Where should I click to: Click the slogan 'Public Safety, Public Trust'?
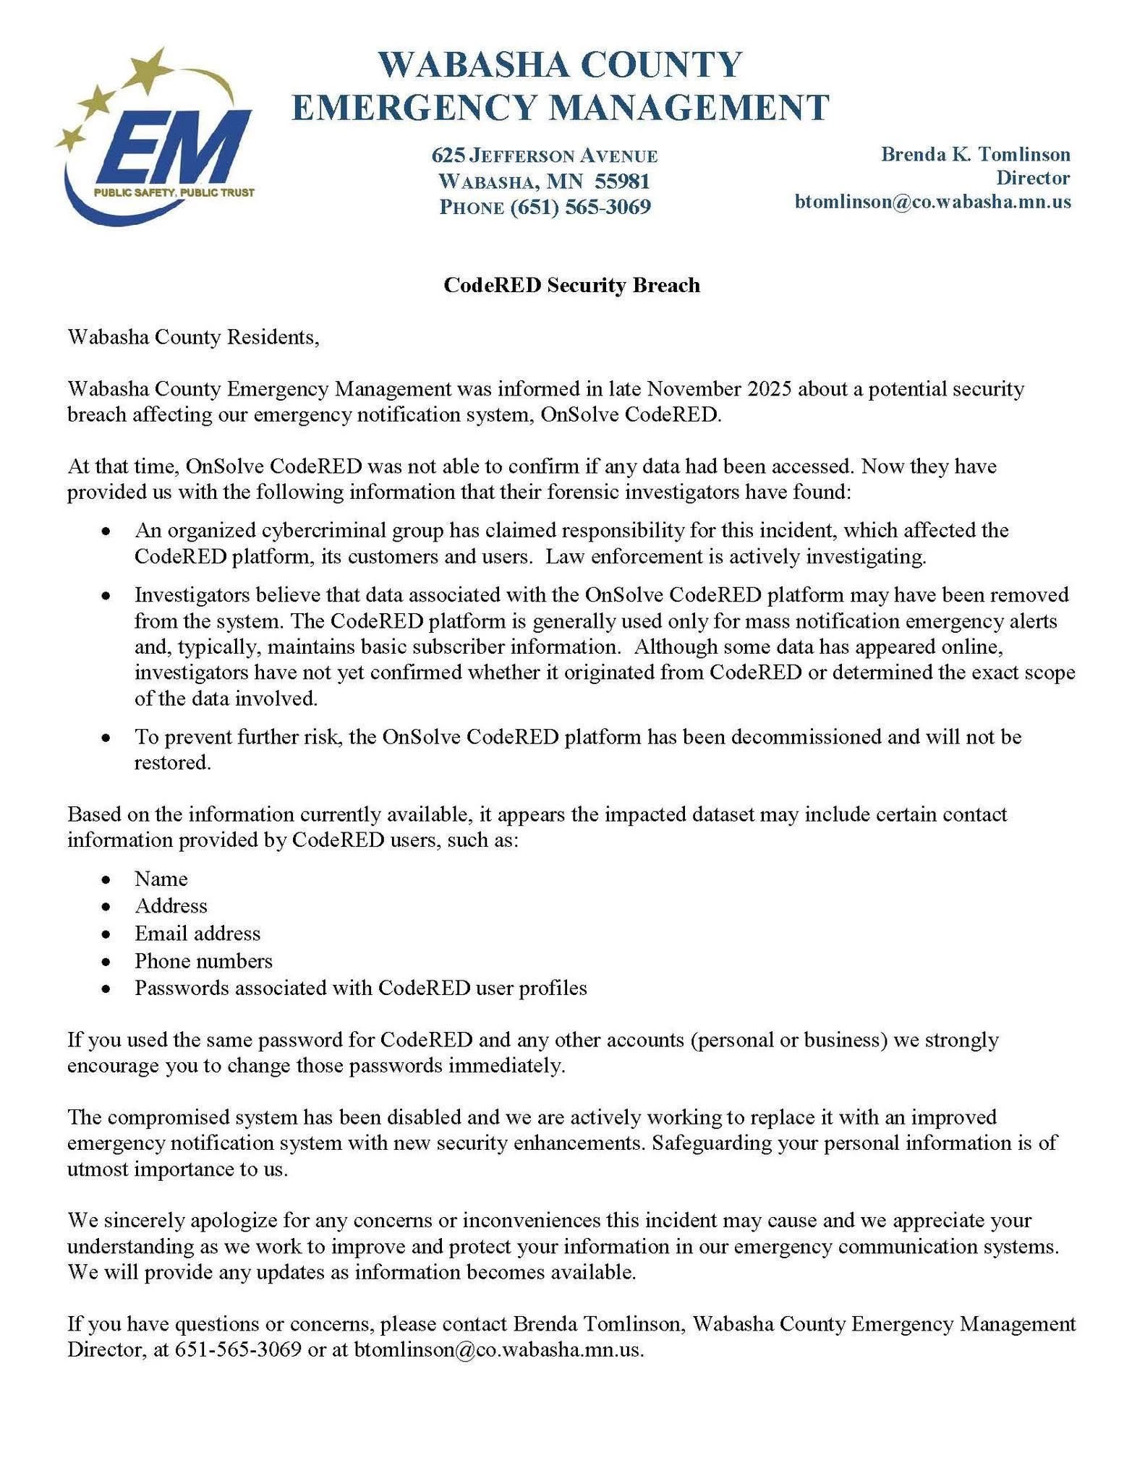pyautogui.click(x=174, y=193)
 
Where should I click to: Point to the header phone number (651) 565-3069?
pyautogui.click(x=581, y=207)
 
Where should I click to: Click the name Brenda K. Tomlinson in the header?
pyautogui.click(x=975, y=154)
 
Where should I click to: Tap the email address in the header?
pyautogui.click(x=933, y=201)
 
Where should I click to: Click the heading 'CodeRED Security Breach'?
pyautogui.click(x=571, y=285)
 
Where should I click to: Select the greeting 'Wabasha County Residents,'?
pyautogui.click(x=193, y=337)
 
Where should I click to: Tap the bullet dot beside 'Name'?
pyautogui.click(x=106, y=880)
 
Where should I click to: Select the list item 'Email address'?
pyautogui.click(x=197, y=934)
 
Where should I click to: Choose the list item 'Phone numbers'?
pyautogui.click(x=203, y=961)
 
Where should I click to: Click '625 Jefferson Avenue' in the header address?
pyautogui.click(x=545, y=155)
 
